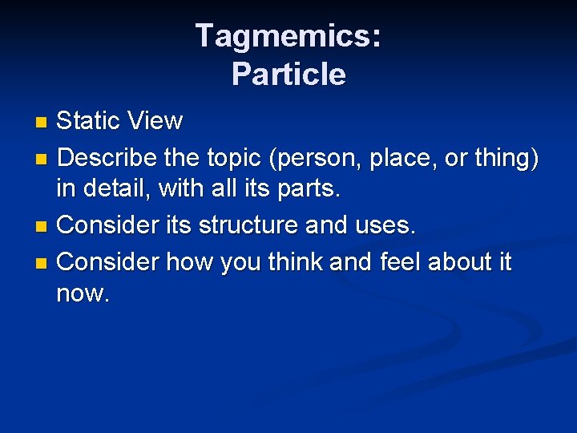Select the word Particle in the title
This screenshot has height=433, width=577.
[x=288, y=75]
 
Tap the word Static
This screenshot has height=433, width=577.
[x=91, y=121]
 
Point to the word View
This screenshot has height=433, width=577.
[x=156, y=121]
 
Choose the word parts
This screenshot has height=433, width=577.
[x=311, y=189]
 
